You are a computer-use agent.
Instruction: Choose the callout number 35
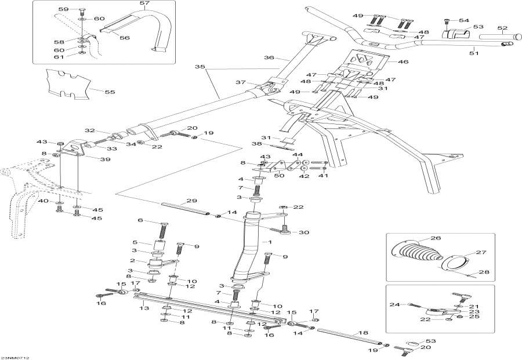[x=200, y=67]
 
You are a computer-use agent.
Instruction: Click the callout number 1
[x=269, y=241]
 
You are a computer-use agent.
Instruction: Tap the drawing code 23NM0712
[x=16, y=357]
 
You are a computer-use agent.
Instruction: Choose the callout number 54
[x=463, y=20]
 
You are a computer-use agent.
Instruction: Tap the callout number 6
[x=140, y=220]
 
